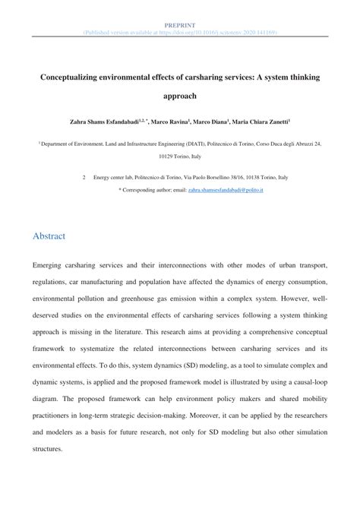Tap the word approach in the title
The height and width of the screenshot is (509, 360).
[180, 97]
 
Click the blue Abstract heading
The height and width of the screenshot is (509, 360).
[49, 236]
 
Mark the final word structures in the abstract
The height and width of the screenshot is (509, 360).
[49, 448]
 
